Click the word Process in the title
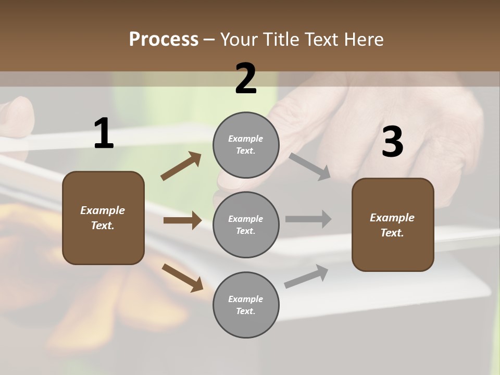[164, 39]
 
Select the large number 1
[103, 134]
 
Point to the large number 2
[246, 79]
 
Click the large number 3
[392, 142]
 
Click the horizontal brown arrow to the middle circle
[182, 220]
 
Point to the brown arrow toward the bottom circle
[183, 277]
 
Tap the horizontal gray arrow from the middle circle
[308, 219]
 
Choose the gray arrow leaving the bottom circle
[306, 276]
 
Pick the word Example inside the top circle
[246, 139]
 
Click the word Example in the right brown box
[392, 218]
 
